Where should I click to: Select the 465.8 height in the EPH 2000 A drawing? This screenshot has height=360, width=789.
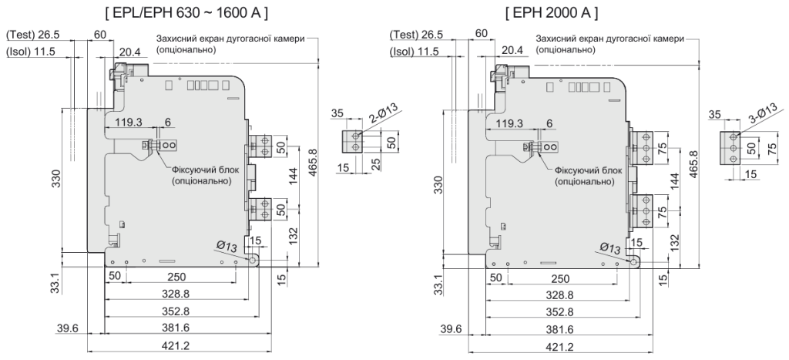tap(697, 163)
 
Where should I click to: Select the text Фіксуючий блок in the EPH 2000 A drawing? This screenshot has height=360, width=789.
tap(583, 170)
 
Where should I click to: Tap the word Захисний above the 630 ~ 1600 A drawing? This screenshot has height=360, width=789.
tap(177, 39)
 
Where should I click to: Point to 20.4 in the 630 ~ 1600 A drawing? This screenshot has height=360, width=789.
tap(129, 52)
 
